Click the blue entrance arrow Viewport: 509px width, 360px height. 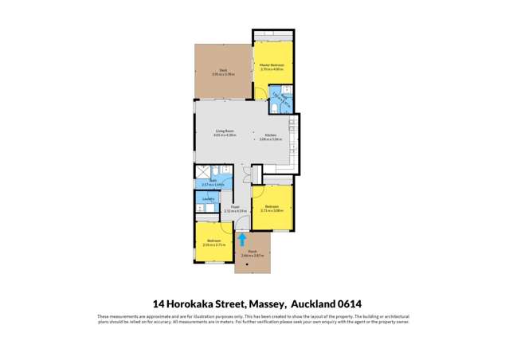click(242, 238)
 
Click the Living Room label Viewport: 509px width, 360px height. click(224, 131)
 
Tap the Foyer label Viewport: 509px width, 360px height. click(235, 207)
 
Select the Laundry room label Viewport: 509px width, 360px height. click(208, 198)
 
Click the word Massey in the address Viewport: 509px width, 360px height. click(267, 303)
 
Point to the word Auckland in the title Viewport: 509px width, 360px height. click(311, 303)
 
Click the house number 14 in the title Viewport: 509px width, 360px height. click(159, 303)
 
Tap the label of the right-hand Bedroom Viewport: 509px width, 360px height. click(272, 207)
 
